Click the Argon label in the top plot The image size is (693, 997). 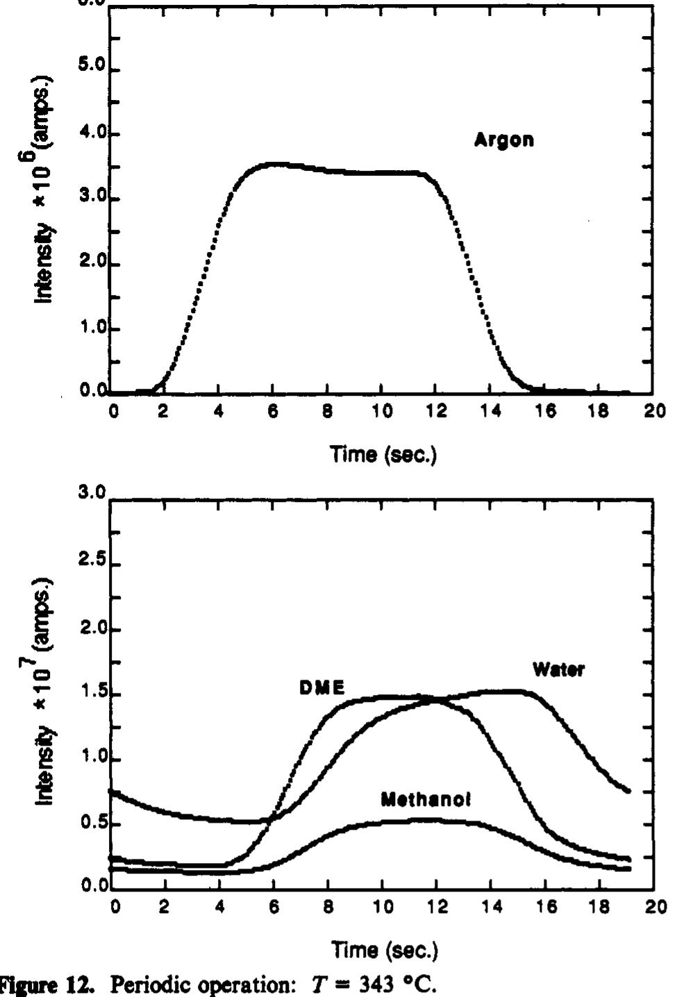[504, 140]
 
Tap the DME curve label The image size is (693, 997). [322, 688]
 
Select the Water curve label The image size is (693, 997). [558, 670]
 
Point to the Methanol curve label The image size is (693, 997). [426, 800]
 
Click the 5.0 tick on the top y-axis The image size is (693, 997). [92, 69]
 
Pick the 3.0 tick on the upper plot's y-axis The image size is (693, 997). [92, 199]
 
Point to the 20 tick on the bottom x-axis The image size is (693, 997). [654, 907]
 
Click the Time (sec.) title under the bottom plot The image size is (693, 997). [383, 949]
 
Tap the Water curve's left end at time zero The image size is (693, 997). [112, 791]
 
